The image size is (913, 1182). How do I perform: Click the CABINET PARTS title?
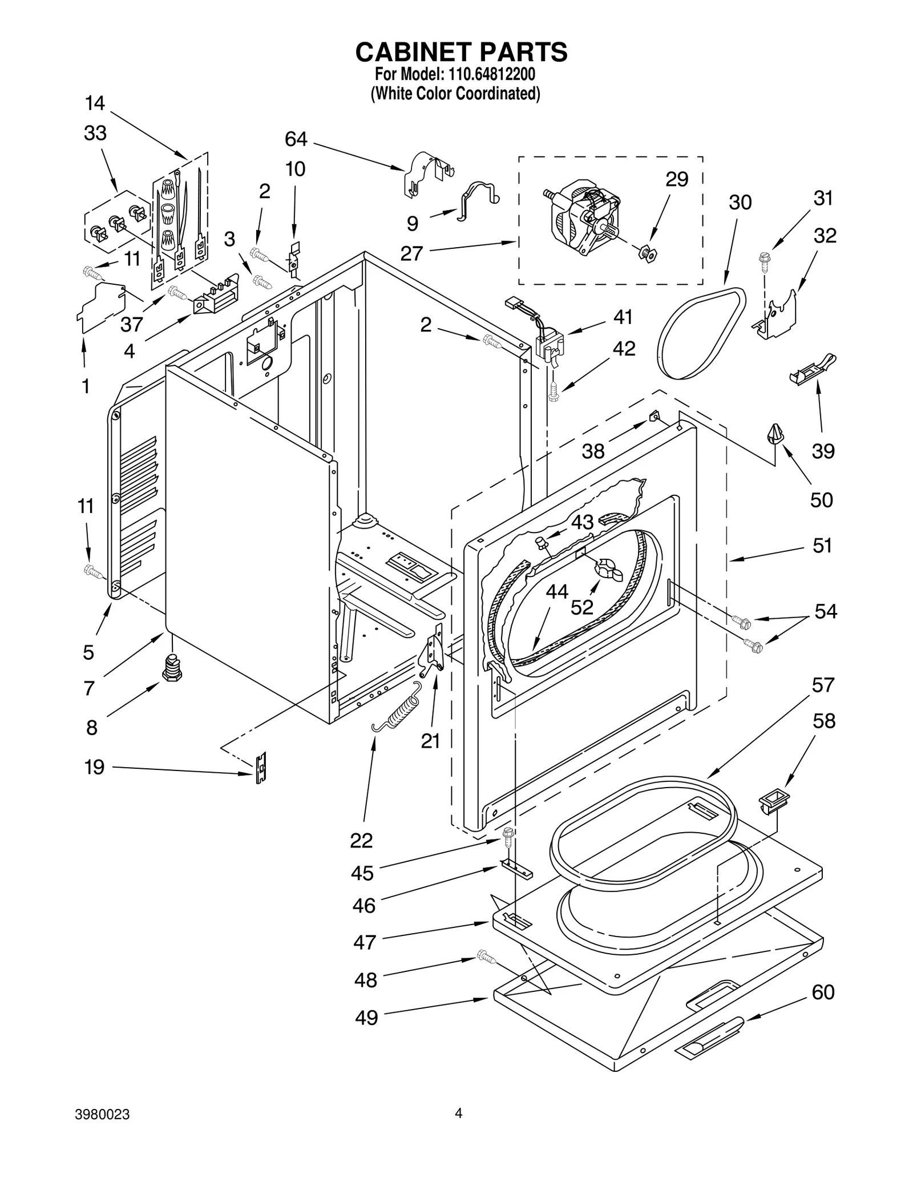[x=461, y=52]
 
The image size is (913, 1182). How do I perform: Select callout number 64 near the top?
[x=296, y=139]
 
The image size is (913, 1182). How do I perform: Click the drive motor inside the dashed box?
[x=585, y=219]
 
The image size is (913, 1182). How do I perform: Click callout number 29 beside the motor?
[x=677, y=179]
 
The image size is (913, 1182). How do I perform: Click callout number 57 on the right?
[x=823, y=684]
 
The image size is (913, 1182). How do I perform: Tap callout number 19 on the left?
[x=94, y=767]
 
